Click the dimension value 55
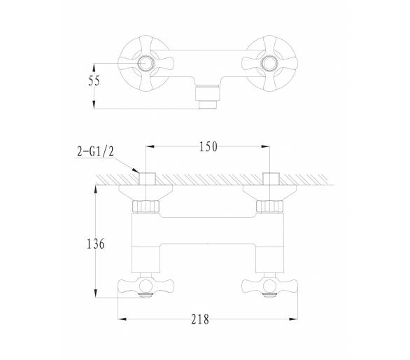click(x=94, y=81)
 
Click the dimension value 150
click(x=208, y=146)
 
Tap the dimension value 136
click(x=95, y=244)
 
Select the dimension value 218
click(x=200, y=319)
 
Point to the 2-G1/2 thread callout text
click(x=95, y=151)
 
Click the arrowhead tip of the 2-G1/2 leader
click(x=139, y=172)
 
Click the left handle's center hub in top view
click(x=146, y=63)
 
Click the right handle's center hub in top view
click(x=269, y=63)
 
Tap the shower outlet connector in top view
click(x=208, y=97)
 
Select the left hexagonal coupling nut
click(x=146, y=207)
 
